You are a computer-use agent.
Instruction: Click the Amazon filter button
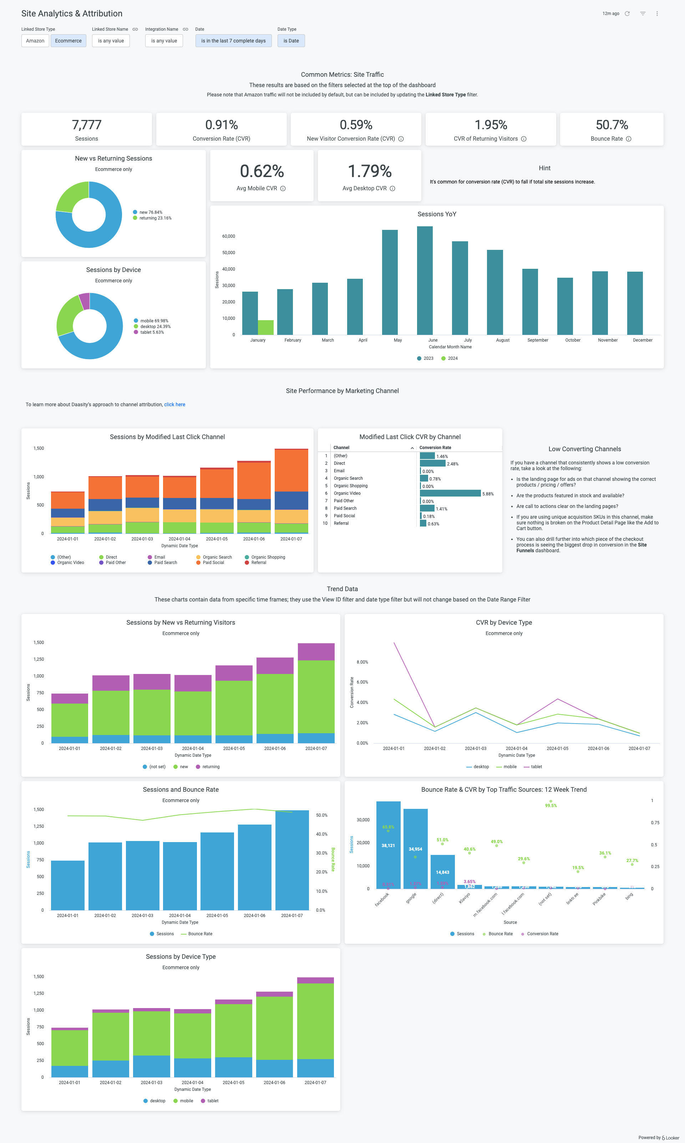[x=35, y=41]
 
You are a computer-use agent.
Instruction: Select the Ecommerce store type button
[x=68, y=41]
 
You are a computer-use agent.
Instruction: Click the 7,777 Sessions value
[x=86, y=125]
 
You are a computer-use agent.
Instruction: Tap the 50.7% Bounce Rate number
[x=612, y=125]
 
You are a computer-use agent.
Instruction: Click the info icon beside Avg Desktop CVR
[x=392, y=188]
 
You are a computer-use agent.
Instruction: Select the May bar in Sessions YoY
[x=390, y=282]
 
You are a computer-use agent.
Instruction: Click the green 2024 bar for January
[x=266, y=327]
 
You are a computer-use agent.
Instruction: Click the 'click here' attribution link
[x=174, y=404]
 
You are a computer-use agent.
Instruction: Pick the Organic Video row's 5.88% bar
[x=450, y=493]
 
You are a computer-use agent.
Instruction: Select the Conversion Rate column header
[x=435, y=448]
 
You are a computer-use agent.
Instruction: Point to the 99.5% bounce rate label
[x=551, y=805]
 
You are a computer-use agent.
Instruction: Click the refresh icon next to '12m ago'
[x=627, y=14]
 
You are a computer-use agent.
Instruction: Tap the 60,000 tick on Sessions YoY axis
[x=228, y=236]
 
